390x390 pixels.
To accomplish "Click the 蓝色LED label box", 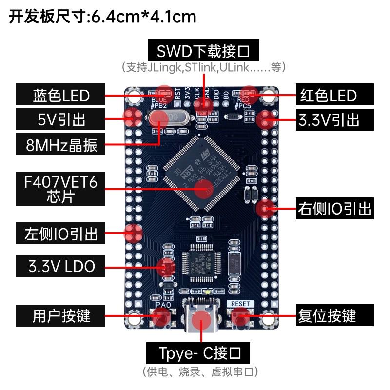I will click(60, 95).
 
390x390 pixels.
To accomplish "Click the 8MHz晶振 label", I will click(60, 145).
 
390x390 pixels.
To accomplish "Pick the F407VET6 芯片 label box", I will click(60, 189).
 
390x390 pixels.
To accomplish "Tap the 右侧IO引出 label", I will click(334, 209).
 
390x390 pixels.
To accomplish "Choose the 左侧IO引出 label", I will click(60, 234).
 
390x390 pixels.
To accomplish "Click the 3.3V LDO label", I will click(60, 266).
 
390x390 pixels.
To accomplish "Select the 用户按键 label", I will click(60, 315).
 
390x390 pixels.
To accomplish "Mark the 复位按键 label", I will click(334, 315).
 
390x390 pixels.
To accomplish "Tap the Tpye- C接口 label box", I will click(200, 352).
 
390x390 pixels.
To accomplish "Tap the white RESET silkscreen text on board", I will click(240, 303).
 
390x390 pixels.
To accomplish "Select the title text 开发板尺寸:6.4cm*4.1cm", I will click(102, 17).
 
